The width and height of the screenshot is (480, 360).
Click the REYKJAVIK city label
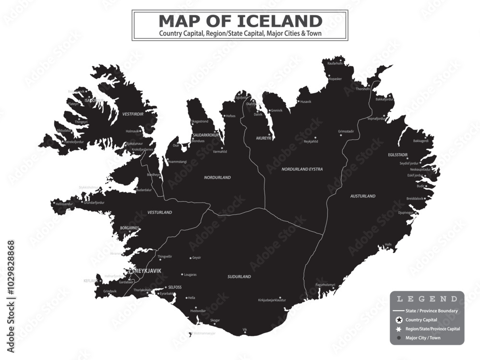[148, 271]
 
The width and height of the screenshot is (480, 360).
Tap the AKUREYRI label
[264, 138]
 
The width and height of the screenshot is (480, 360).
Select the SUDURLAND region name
[239, 277]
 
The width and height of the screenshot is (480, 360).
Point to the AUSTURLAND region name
[363, 196]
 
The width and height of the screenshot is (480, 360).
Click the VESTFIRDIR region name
[133, 114]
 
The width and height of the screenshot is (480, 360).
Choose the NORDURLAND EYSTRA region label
[302, 169]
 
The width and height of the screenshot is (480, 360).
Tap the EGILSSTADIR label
[398, 155]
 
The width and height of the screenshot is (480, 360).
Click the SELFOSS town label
[175, 287]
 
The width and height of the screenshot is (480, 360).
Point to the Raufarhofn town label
[336, 63]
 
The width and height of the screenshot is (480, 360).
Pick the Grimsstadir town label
[346, 131]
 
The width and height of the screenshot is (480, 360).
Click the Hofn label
[388, 244]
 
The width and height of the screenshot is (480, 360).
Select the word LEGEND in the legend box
[426, 299]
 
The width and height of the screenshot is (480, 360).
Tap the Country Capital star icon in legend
[398, 320]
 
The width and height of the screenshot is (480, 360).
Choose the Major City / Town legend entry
[422, 338]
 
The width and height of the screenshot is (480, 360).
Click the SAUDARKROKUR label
[205, 135]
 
